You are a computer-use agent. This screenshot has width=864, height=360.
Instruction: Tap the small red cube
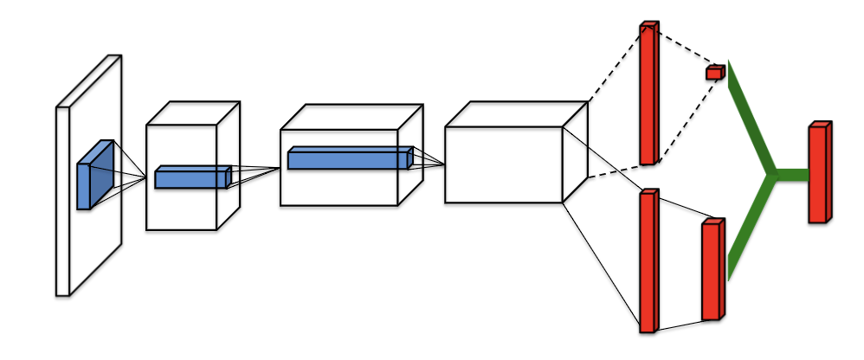714,73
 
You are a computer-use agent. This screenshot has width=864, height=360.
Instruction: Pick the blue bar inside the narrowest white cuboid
191,178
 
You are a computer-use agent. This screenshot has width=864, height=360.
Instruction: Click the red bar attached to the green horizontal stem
818,173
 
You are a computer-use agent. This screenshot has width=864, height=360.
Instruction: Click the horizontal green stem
791,174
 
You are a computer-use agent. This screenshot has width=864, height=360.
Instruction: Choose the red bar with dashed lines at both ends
648,93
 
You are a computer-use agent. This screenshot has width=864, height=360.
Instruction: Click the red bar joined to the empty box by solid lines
648,260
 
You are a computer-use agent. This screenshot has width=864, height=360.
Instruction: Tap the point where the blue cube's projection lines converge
145,177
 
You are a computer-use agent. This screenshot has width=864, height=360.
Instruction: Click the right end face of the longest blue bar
410,157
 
